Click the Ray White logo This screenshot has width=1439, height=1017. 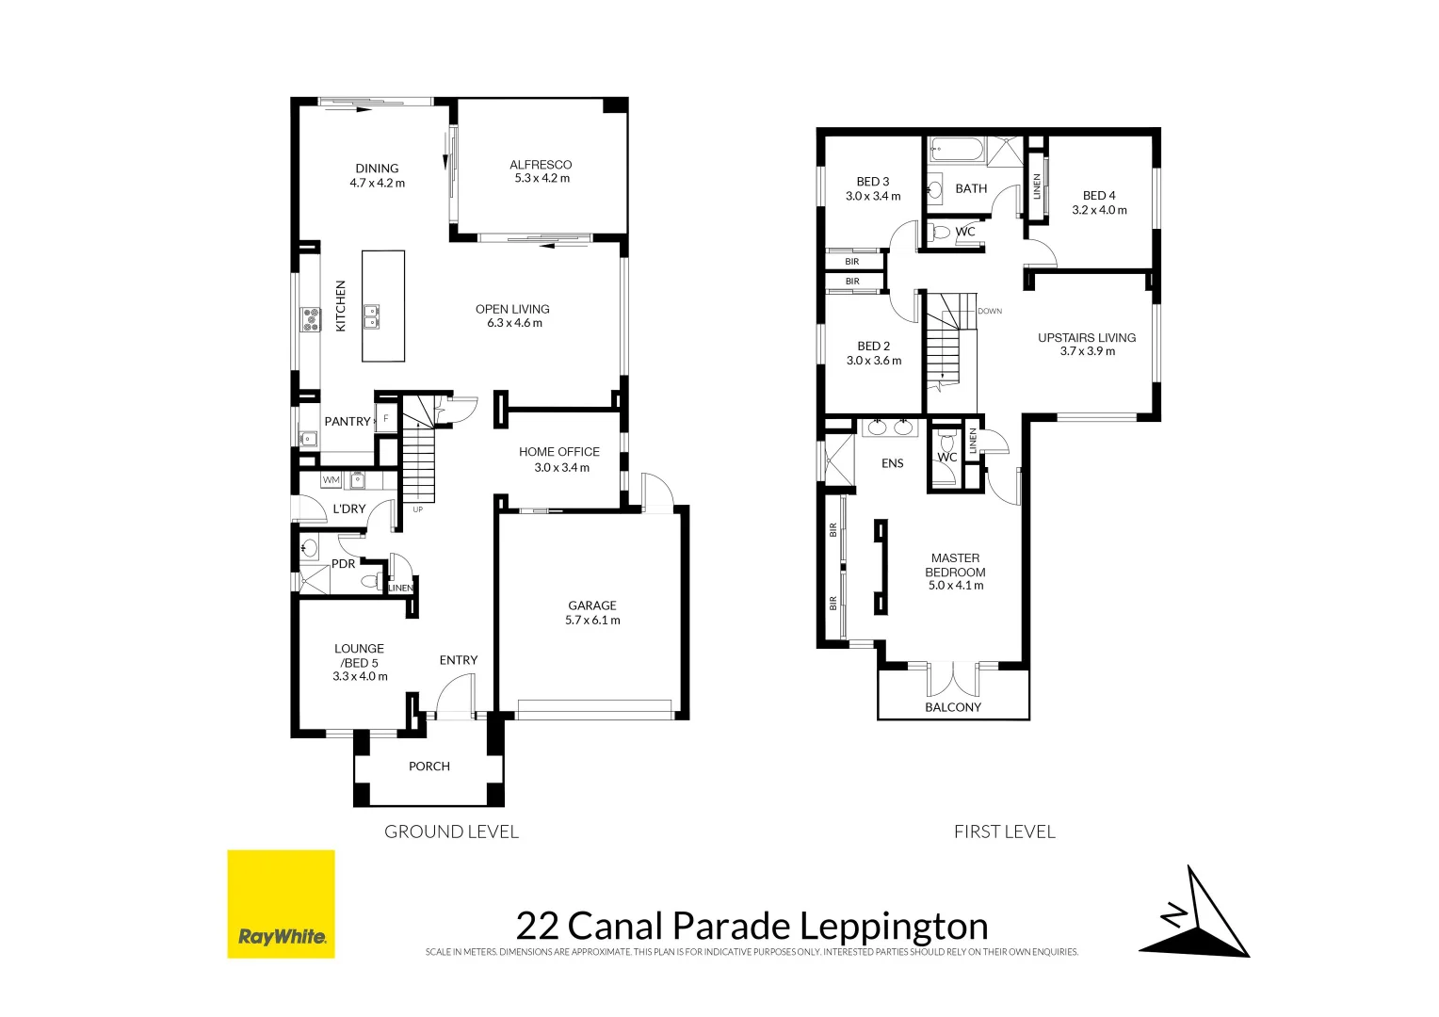coord(281,904)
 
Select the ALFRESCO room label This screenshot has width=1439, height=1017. coord(541,165)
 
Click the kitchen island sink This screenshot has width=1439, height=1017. coord(372,315)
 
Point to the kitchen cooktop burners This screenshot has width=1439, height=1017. coord(311,319)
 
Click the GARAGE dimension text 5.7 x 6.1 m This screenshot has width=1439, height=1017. coord(592,621)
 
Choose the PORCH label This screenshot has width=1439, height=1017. coord(429,767)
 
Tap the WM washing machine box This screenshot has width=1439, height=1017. coord(331,480)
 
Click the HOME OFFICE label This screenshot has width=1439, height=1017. coord(558,452)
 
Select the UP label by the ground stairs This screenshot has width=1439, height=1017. coord(417,510)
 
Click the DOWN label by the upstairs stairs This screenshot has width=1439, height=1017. coord(990,311)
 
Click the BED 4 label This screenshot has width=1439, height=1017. coord(1099,196)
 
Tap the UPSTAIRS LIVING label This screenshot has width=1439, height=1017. coord(1087,337)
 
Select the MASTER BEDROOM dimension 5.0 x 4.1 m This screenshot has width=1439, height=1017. coord(955,586)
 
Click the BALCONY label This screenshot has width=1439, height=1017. coord(953,707)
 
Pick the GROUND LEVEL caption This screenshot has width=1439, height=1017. coord(451,831)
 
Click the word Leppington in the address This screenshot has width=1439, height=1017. coord(894,927)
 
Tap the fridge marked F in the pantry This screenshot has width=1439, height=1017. coord(385,419)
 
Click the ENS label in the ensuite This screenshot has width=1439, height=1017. coord(892,463)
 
